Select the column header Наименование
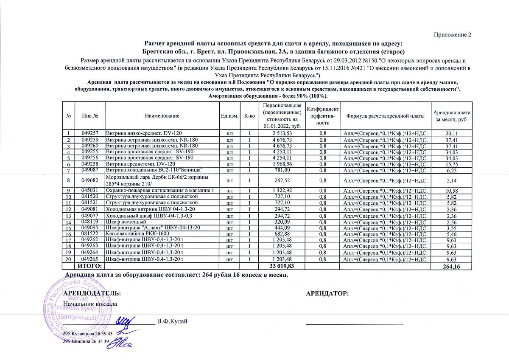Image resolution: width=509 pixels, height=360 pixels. coord(162,116)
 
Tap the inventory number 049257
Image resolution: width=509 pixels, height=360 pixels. coord(90,133)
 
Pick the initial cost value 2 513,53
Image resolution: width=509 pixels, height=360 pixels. coord(282,133)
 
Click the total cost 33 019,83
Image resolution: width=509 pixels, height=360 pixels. coord(282,266)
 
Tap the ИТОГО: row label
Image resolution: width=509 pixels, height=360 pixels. coord(89,266)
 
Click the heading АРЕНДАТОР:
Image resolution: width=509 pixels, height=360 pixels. coord(327,293)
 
